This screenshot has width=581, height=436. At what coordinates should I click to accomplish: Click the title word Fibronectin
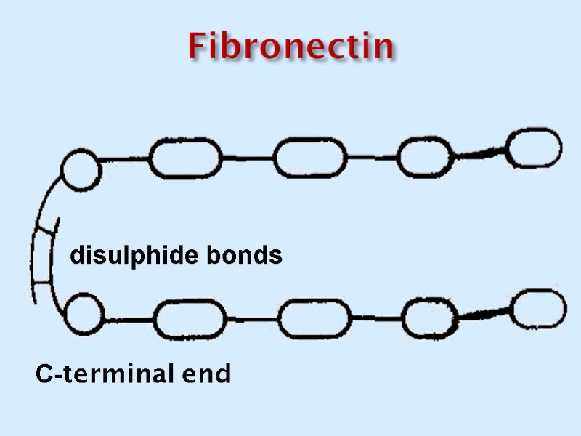[290, 47]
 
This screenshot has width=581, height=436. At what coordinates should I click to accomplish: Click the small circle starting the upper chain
[81, 169]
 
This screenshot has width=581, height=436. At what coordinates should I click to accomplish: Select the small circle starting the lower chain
[84, 315]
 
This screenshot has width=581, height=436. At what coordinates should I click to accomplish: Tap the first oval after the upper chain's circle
[185, 158]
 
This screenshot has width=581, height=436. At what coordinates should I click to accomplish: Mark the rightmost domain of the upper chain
[534, 148]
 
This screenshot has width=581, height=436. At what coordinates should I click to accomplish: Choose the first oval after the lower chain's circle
[190, 320]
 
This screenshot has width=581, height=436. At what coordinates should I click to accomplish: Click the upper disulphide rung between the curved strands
[46, 231]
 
